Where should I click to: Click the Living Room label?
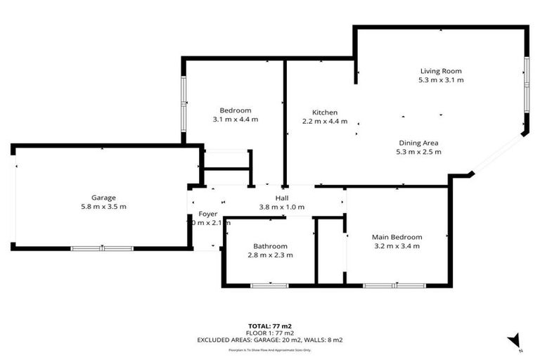tap(441, 71)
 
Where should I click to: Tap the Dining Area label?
tap(419, 142)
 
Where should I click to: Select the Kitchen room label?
tap(325, 112)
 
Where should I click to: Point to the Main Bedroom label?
tap(397, 237)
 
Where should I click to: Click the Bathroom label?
tap(271, 246)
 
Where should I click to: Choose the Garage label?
tap(103, 198)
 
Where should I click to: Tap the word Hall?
tap(282, 198)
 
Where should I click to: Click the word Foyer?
tap(207, 214)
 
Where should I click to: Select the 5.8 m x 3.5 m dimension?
tap(103, 207)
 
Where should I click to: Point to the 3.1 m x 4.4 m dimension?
tap(236, 120)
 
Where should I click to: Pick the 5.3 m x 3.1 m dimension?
tap(441, 80)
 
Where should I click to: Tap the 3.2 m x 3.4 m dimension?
tap(397, 246)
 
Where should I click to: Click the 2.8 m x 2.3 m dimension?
tap(271, 255)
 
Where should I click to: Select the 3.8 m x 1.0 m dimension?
tap(282, 207)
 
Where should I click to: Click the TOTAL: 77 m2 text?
tap(270, 326)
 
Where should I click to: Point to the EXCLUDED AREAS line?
tap(270, 340)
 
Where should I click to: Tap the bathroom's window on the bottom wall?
tap(270, 285)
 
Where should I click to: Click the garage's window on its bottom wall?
tap(102, 248)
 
